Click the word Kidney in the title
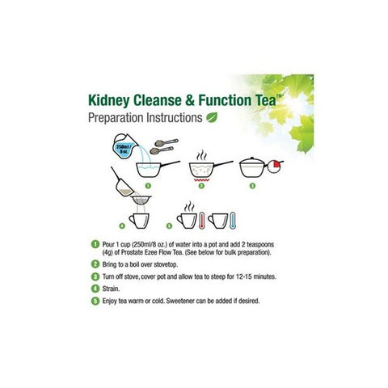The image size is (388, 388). point(112,101)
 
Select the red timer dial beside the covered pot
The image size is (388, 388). point(276,168)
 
